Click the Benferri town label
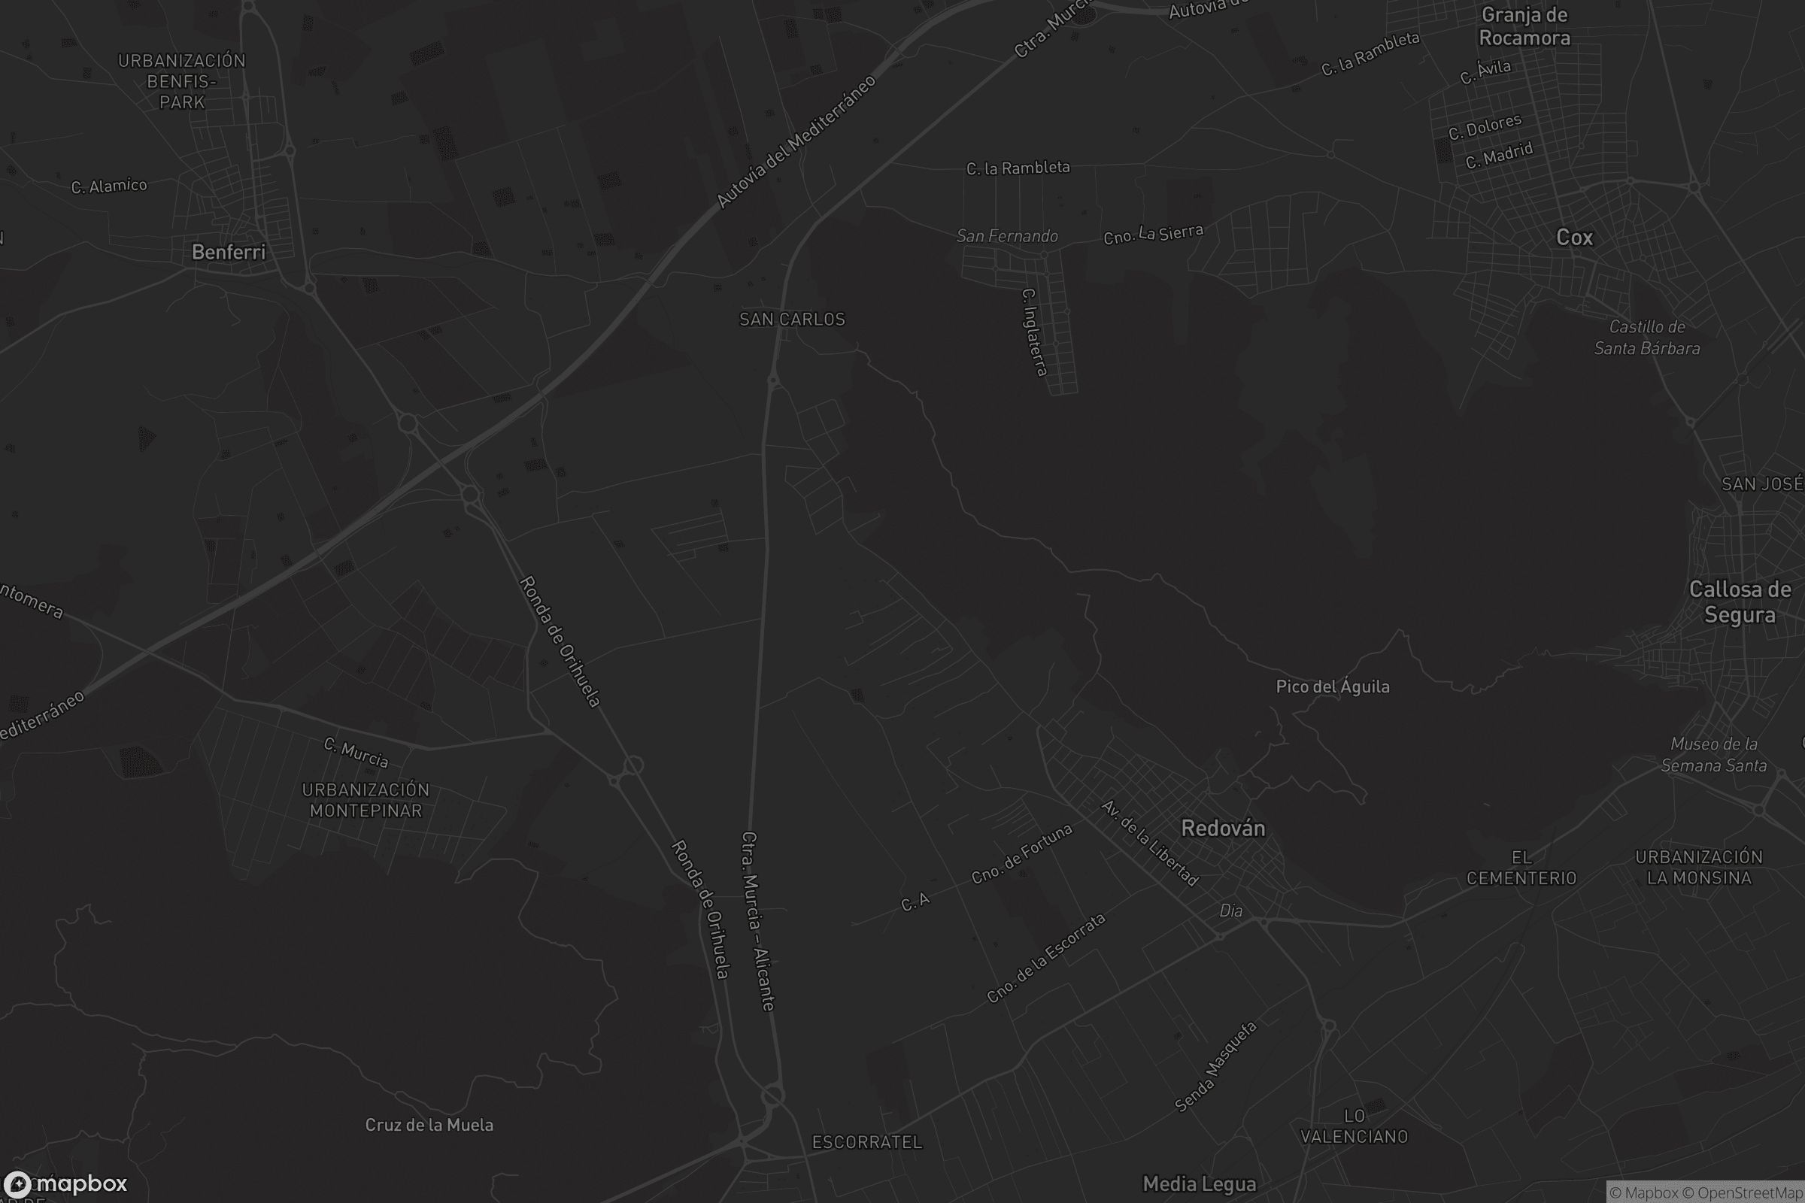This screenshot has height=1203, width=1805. (x=228, y=253)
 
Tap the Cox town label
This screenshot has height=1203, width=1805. (x=1574, y=238)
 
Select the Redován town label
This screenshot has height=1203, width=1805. (x=1223, y=829)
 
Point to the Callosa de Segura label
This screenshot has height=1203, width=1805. (x=1740, y=602)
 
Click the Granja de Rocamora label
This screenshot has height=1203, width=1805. (x=1524, y=27)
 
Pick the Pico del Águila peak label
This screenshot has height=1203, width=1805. (x=1332, y=686)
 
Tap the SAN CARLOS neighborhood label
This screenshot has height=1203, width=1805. (x=792, y=319)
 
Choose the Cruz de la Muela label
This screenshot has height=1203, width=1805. (x=429, y=1125)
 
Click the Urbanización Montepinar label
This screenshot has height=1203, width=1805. (x=366, y=800)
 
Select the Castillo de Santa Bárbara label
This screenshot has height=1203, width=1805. (x=1647, y=338)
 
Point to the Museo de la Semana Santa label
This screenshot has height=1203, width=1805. (x=1714, y=754)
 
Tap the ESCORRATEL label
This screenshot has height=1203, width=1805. (x=867, y=1142)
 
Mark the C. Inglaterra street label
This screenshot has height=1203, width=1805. (x=1035, y=332)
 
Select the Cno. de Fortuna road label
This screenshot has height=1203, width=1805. (x=1021, y=854)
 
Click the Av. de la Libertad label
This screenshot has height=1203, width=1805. (x=1149, y=842)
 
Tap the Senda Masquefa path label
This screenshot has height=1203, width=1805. (x=1216, y=1066)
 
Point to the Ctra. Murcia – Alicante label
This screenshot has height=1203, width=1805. (x=758, y=920)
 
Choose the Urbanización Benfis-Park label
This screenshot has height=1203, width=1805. (x=182, y=81)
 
